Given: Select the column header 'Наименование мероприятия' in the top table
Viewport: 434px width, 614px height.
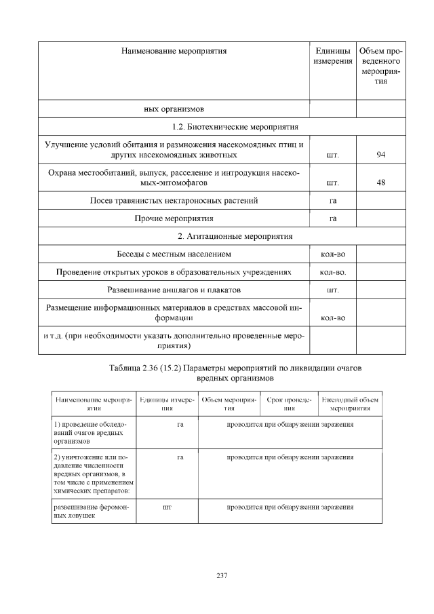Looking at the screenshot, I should tap(174, 51).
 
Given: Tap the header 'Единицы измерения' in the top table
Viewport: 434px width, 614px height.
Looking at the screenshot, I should tap(333, 56).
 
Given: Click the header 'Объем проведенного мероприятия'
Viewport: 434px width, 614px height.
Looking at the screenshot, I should tap(380, 66).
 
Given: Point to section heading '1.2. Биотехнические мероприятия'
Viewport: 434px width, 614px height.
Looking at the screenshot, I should tap(222, 127).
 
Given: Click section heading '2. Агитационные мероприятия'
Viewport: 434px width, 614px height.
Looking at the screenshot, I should tap(222, 237).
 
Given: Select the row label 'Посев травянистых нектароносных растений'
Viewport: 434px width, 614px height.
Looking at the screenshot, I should tap(174, 201).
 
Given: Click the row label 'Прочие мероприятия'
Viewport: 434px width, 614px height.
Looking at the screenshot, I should tap(174, 218).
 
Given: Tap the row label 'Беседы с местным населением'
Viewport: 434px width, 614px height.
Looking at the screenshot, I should tap(174, 255).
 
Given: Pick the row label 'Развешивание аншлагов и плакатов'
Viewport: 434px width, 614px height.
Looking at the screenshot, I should tap(174, 291).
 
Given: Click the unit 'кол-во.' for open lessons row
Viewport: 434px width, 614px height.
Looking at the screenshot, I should tap(333, 273).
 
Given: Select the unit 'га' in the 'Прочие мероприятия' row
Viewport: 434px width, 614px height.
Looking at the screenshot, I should tap(333, 218).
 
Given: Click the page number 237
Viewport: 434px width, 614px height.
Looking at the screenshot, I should tap(222, 576).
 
